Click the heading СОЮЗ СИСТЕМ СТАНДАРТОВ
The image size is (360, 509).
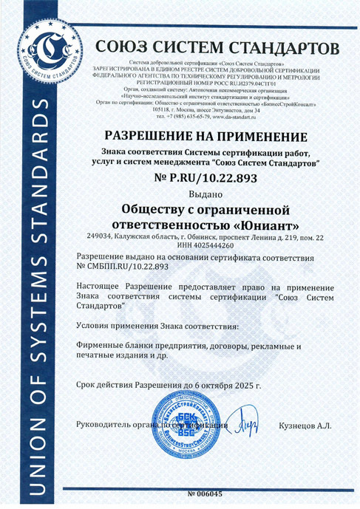pyautogui.click(x=217, y=48)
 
